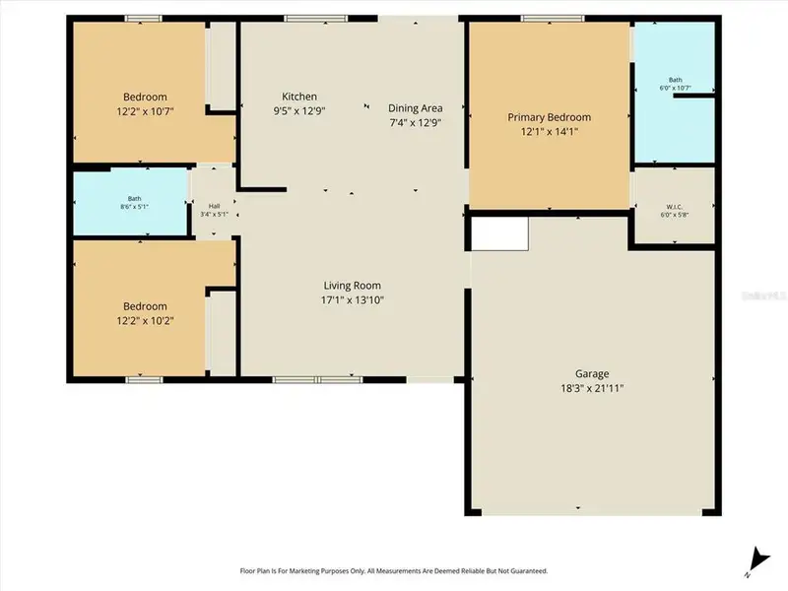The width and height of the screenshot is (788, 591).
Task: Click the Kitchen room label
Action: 299,97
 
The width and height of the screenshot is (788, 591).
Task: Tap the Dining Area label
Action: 415,108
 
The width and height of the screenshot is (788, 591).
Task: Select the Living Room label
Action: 352,286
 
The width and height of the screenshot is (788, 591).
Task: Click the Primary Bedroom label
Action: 549,117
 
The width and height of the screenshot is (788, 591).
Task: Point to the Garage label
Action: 592,373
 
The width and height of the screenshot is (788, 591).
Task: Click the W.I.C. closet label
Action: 674,207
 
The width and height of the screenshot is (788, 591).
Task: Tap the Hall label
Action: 214,207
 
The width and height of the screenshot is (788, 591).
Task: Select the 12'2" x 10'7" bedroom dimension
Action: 145,111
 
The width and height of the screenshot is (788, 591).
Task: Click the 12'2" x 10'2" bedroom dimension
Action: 145,320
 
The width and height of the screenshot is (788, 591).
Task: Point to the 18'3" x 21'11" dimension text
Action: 592,388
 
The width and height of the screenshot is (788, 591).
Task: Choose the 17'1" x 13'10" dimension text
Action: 352,300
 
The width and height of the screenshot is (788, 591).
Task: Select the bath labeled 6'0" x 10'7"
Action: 674,85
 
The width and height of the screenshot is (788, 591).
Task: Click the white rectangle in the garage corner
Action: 500,234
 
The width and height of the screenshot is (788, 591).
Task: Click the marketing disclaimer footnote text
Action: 394,571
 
